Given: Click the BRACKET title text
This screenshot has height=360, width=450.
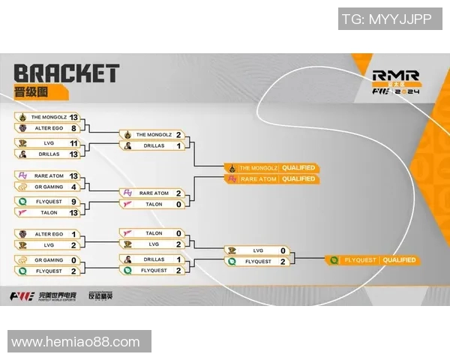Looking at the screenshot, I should pos(66,73).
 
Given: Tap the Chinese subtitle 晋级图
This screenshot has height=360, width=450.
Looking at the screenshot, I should pos(31,92).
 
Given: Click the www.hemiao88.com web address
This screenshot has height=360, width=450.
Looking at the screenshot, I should pos(76,342).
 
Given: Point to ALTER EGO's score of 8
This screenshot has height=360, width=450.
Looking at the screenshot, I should pos(73,128).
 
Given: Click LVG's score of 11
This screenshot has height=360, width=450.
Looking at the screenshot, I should pos(73,142).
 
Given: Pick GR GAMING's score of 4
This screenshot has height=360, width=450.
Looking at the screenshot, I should pos(73,186).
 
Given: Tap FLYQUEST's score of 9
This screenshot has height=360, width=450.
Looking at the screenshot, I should pos(73,201).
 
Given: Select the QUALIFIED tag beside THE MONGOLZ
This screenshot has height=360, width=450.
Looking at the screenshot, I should pos(298,167).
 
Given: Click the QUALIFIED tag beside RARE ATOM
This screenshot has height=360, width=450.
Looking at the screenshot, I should pos(298,179).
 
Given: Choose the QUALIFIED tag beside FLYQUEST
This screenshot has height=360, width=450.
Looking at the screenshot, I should pos(398,260).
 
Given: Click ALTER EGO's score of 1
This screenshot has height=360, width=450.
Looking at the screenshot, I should pos(73,234).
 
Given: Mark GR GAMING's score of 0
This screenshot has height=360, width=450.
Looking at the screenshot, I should pos(73,259).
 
